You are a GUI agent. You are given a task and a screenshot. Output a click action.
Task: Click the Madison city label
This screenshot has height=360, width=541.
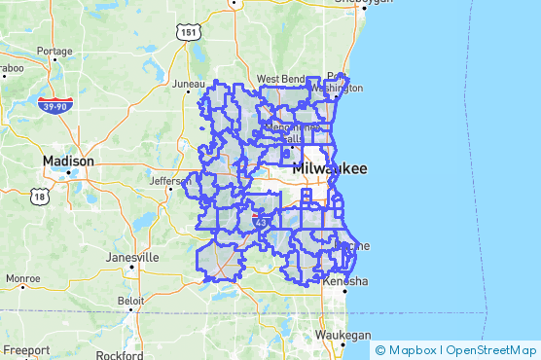(68, 161)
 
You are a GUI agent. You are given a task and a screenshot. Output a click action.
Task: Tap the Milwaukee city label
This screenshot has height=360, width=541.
(330, 168)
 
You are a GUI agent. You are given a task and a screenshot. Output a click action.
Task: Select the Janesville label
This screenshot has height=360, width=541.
(132, 257)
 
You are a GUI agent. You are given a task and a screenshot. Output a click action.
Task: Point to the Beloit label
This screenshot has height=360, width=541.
(129, 301)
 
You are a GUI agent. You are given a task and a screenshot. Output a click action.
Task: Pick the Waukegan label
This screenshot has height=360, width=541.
(343, 335)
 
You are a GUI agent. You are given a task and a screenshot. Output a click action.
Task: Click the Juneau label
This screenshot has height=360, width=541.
(188, 85)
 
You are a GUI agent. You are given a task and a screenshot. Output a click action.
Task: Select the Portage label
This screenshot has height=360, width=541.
(54, 51)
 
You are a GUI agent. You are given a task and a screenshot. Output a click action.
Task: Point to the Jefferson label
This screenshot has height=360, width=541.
(171, 180)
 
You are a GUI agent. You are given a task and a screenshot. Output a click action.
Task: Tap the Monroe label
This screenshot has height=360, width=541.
(23, 278)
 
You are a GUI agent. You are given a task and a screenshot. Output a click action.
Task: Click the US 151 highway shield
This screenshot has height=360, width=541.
(188, 33)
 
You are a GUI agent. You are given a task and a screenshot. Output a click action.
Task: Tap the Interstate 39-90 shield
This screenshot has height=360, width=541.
(54, 104)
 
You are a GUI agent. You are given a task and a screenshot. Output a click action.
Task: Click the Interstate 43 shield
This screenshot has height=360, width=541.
(261, 223)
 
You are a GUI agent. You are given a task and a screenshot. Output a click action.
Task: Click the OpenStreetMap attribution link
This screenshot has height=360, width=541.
(492, 349)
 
